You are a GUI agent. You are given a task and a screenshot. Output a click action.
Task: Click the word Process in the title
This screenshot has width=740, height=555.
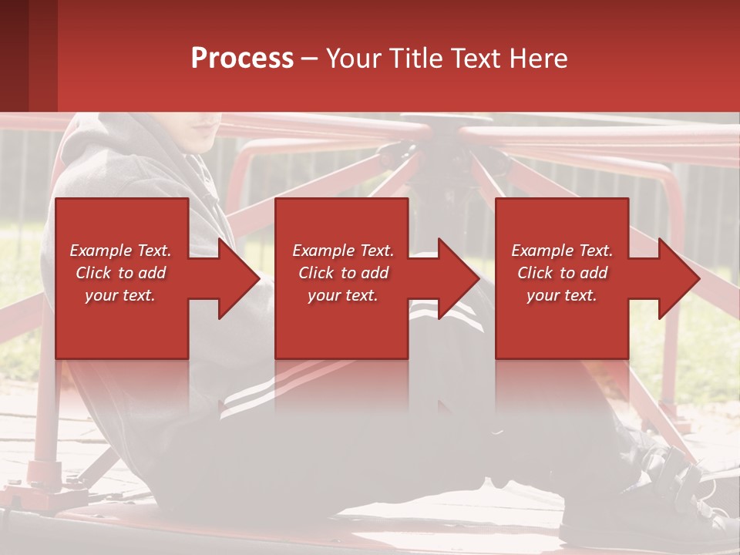(x=242, y=58)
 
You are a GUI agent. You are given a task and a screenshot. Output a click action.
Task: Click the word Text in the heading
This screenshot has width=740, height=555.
(x=477, y=58)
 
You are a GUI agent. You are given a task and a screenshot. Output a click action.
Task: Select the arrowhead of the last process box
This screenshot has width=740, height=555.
(x=678, y=278)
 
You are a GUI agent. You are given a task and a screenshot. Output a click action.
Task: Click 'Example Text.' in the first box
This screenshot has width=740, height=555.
(x=120, y=251)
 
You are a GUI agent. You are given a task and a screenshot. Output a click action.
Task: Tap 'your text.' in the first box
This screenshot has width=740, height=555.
(x=120, y=295)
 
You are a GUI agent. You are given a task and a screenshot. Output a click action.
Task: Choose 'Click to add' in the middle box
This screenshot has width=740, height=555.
(x=343, y=273)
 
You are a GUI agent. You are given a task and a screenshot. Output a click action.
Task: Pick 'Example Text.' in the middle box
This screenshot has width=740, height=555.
(x=343, y=251)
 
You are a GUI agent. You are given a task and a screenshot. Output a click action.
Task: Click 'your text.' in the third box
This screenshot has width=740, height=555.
(x=562, y=295)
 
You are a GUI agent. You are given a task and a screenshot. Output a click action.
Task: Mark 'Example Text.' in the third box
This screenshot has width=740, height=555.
(x=562, y=251)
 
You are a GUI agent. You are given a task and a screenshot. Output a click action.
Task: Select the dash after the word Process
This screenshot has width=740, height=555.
(x=310, y=59)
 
